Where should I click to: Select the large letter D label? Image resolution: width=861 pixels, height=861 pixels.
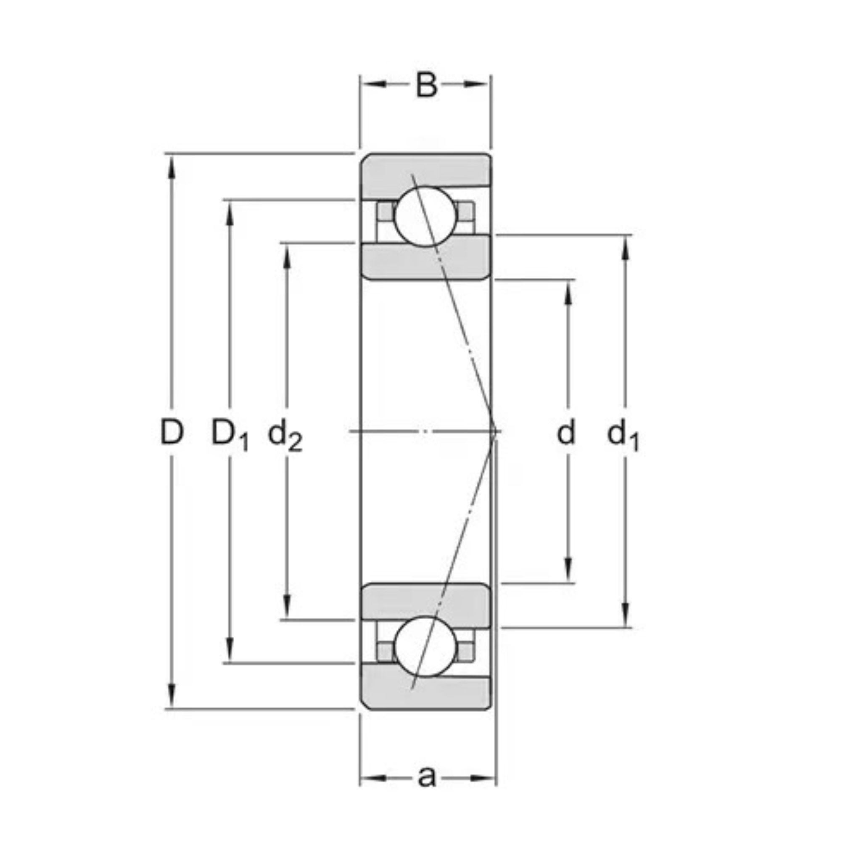(172, 432)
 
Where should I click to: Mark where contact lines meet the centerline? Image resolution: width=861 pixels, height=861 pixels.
(495, 431)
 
